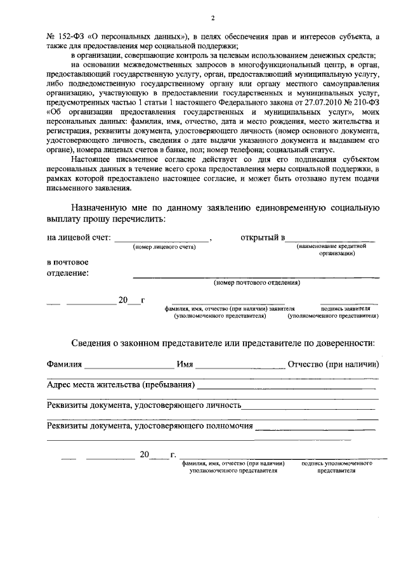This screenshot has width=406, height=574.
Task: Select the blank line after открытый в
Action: click(329, 239)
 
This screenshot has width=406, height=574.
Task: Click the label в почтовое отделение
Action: click(68, 268)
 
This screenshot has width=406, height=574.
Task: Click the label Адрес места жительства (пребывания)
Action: click(121, 385)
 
